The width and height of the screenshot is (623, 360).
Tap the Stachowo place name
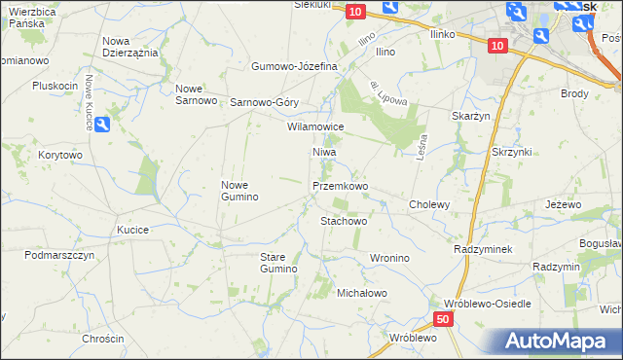coord(344,221)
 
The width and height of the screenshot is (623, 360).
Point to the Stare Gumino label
coord(277,262)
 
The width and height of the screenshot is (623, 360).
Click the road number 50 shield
coord(443,319)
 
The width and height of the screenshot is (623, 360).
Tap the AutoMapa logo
coord(554,342)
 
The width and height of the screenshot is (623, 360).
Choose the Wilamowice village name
coord(315,126)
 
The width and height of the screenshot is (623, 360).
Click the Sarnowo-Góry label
coord(264,102)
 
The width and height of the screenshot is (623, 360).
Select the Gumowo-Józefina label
coord(294,66)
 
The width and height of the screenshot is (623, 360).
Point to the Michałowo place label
coord(362,293)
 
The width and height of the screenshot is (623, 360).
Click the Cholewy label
coord(429,204)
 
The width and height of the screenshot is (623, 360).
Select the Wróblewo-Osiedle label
coord(487,304)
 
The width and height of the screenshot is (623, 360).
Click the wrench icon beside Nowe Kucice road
coord(103,124)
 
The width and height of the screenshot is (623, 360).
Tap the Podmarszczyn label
coord(59,255)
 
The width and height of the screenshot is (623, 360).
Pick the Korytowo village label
coord(60,155)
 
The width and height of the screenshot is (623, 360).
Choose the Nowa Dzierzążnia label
coord(130,47)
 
